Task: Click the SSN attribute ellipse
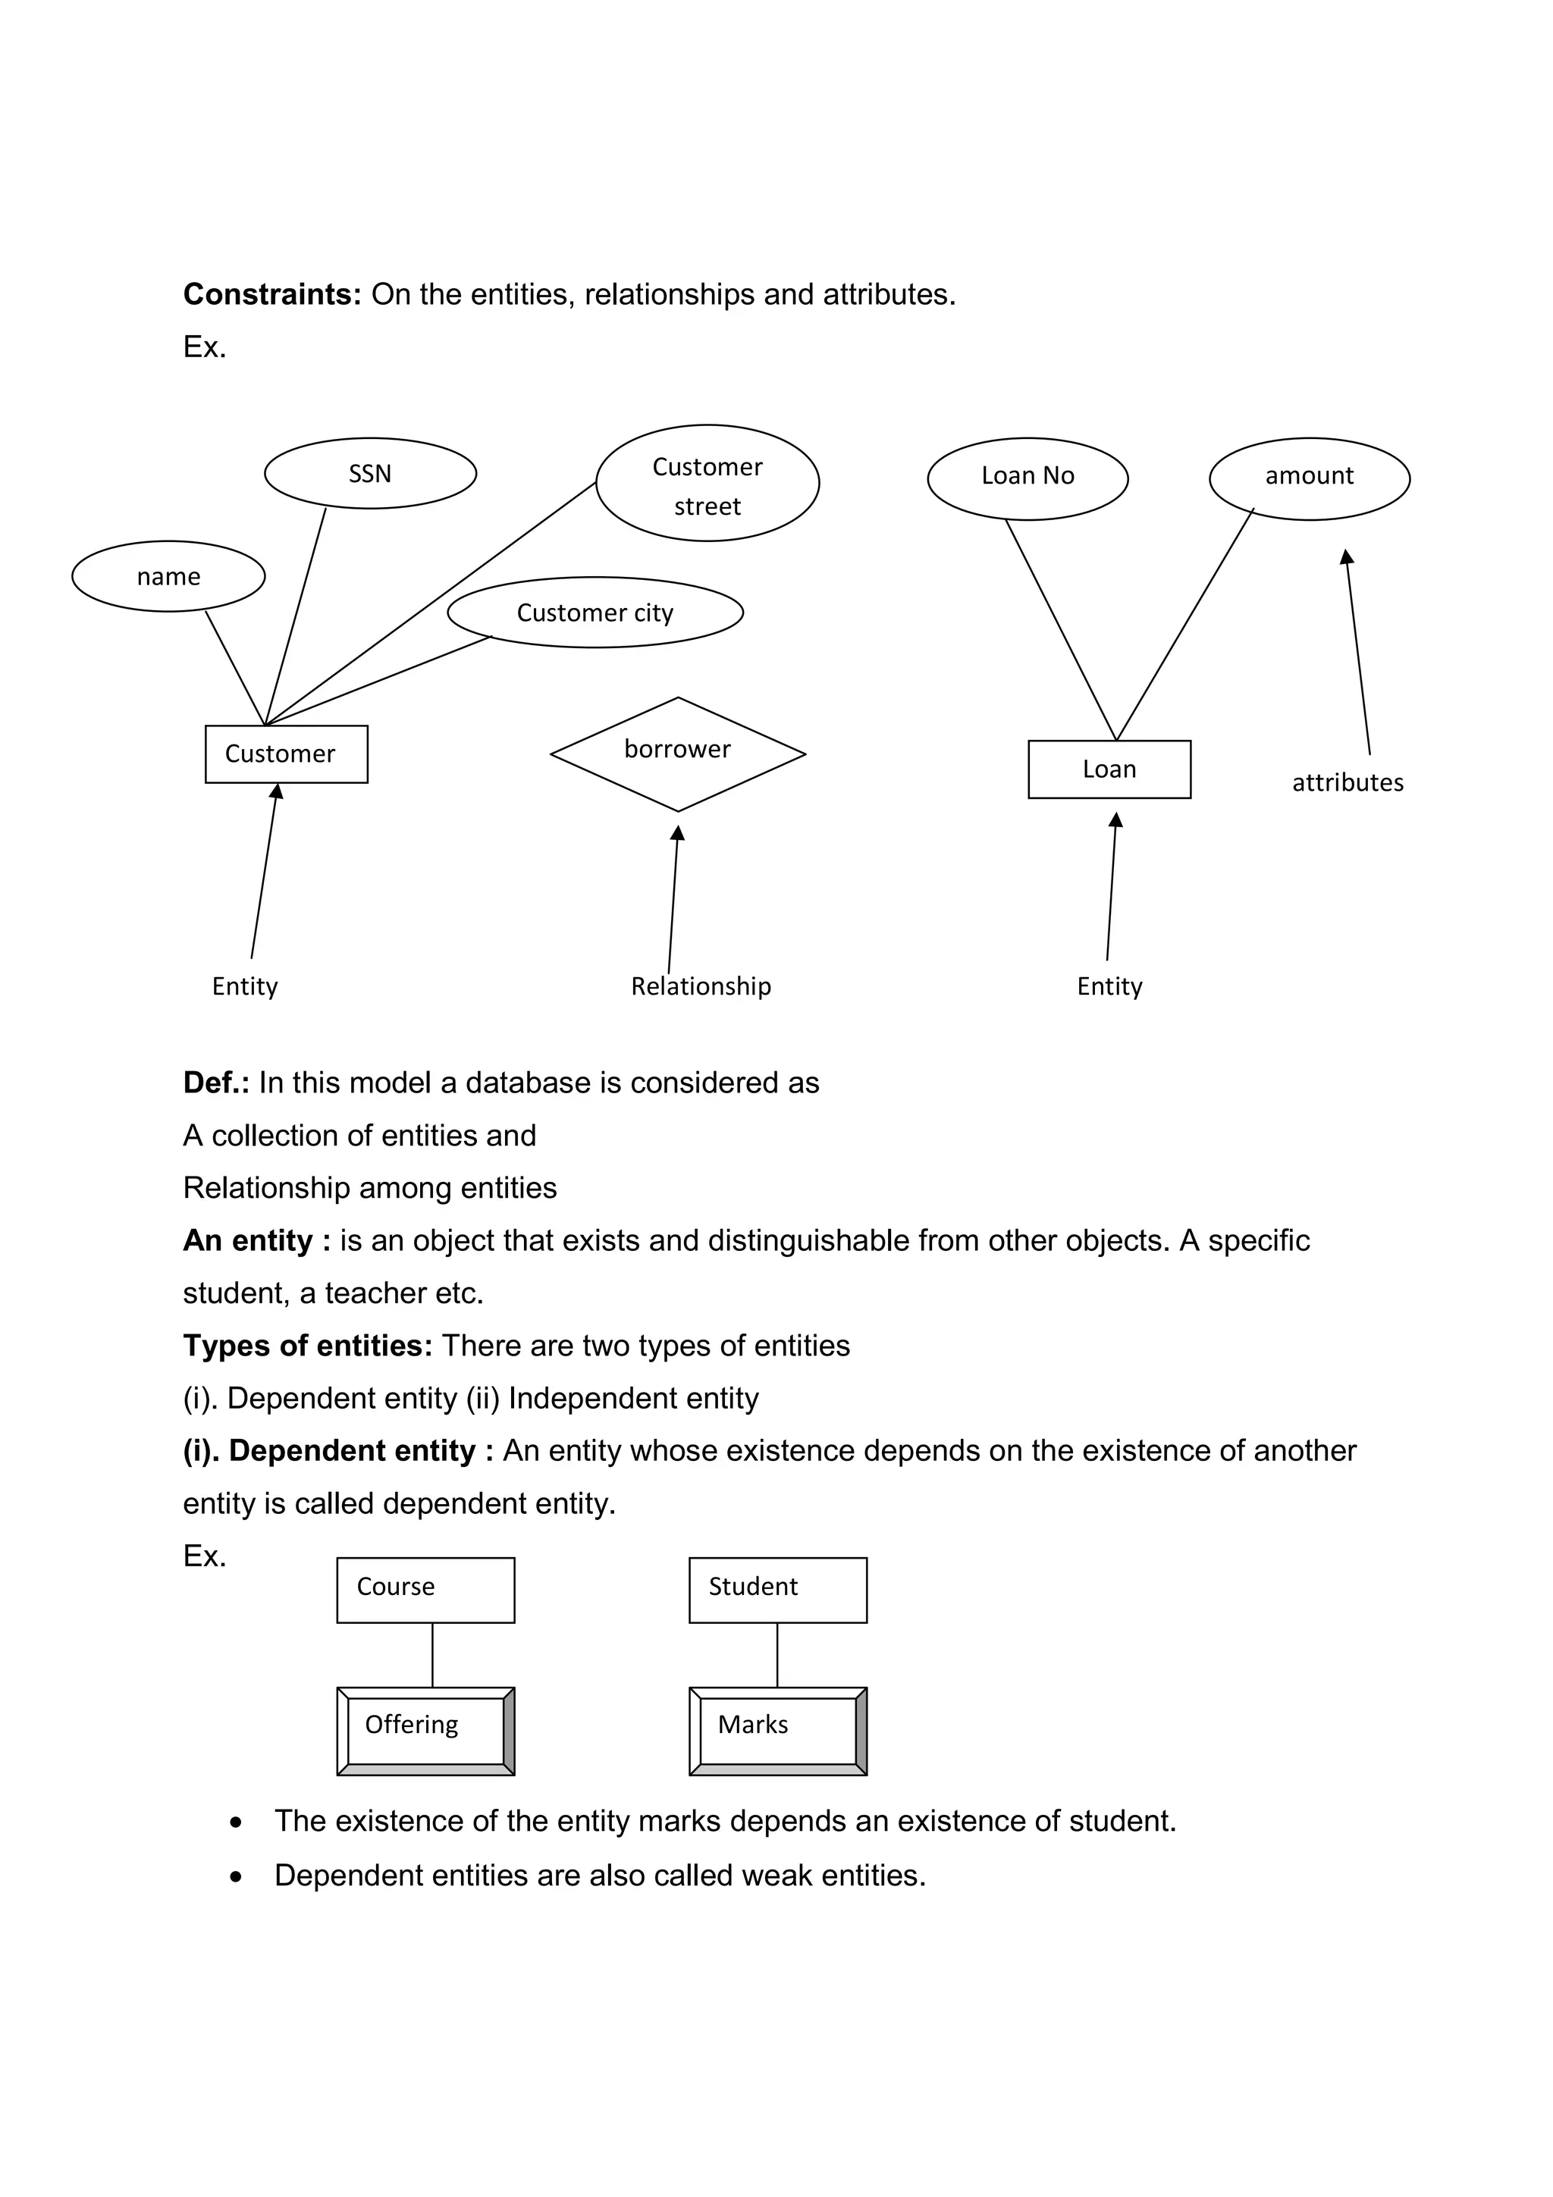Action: pos(370,474)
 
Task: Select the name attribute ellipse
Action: pos(168,576)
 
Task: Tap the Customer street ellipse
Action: pos(707,483)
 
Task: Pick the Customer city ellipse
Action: pos(595,613)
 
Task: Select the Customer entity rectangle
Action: pos(286,754)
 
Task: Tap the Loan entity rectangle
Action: pos(1109,769)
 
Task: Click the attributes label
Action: pos(1348,782)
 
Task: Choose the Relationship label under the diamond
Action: pos(701,986)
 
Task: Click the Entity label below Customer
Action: pos(245,986)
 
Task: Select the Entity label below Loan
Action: pos(1109,986)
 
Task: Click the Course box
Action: pos(425,1590)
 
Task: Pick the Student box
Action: pos(777,1590)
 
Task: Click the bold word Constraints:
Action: pos(271,295)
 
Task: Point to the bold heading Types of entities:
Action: pos(307,1346)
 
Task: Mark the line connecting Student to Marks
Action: pos(777,1656)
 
